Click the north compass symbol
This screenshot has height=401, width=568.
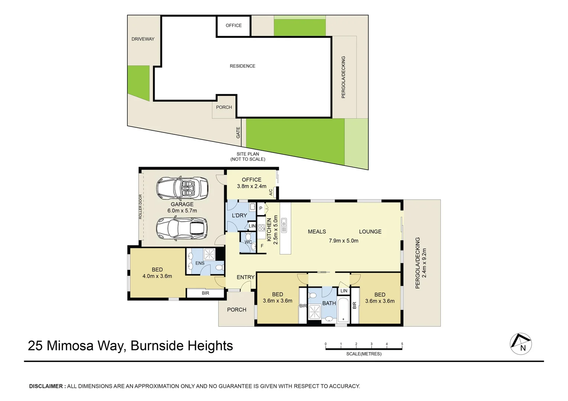(520, 344)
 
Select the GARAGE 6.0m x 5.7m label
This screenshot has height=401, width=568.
(182, 207)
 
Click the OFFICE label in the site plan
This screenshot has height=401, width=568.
(233, 26)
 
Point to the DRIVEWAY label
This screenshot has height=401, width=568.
(143, 39)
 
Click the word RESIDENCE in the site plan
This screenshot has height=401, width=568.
(242, 66)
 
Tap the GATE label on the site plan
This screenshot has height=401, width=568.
(238, 133)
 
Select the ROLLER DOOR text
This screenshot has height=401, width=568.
(141, 207)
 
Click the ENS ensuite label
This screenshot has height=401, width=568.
(200, 263)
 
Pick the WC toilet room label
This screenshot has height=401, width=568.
(248, 242)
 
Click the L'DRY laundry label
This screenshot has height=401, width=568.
(239, 215)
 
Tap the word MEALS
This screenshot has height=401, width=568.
(317, 232)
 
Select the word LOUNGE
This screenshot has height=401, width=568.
(370, 232)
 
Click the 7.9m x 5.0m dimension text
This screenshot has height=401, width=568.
(343, 241)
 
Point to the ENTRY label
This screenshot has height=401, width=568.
(245, 277)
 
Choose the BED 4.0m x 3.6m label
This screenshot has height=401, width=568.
(157, 273)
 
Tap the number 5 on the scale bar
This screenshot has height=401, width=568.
(402, 344)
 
